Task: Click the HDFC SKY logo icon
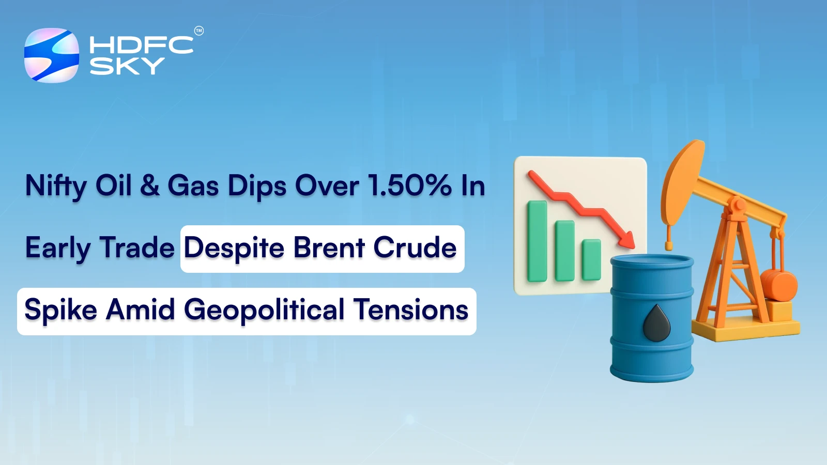pyautogui.click(x=52, y=55)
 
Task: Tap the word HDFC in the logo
pyautogui.click(x=141, y=45)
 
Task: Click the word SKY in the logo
pyautogui.click(x=127, y=66)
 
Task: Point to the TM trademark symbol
pyautogui.click(x=198, y=31)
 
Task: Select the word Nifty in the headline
pyautogui.click(x=56, y=186)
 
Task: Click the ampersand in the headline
pyautogui.click(x=150, y=185)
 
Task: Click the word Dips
pyautogui.click(x=257, y=186)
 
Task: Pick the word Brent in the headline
pyautogui.click(x=329, y=247)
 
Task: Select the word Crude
pyautogui.click(x=415, y=247)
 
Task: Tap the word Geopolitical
pyautogui.click(x=264, y=310)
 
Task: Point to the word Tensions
pyautogui.click(x=411, y=310)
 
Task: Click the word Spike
pyautogui.click(x=60, y=310)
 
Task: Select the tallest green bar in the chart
pyautogui.click(x=537, y=241)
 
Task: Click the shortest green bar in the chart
pyautogui.click(x=591, y=259)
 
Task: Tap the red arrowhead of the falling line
pyautogui.click(x=627, y=240)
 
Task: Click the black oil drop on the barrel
pyautogui.click(x=656, y=323)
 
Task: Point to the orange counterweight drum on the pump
pyautogui.click(x=779, y=285)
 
